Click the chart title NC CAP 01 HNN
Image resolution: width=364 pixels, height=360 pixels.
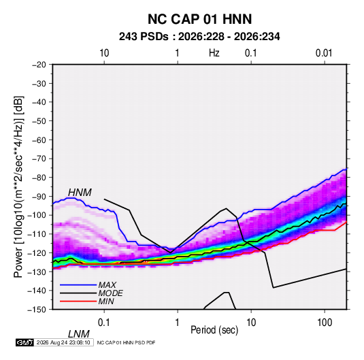(x=199, y=19)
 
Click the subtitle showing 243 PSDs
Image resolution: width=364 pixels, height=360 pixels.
(x=199, y=37)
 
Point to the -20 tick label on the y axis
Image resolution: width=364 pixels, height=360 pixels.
(x=39, y=65)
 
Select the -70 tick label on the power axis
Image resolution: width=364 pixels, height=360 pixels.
(x=39, y=159)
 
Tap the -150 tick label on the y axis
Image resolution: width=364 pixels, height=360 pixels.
(x=37, y=310)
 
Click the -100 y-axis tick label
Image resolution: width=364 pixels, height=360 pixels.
(x=37, y=215)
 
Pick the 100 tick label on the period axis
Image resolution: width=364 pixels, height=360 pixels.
(x=325, y=323)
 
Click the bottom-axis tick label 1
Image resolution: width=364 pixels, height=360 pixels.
(x=178, y=323)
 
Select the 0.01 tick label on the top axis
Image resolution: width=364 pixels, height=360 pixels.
(x=324, y=53)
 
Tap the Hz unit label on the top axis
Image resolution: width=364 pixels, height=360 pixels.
(x=214, y=53)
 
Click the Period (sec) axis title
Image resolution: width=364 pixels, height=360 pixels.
(x=214, y=330)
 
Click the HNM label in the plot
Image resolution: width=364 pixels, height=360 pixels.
(x=80, y=193)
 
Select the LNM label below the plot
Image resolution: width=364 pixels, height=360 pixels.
(x=78, y=334)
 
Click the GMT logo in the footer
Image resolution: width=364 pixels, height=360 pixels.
(x=24, y=342)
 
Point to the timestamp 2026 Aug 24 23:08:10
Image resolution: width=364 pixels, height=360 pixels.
(x=63, y=342)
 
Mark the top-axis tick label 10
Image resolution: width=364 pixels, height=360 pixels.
(x=104, y=53)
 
